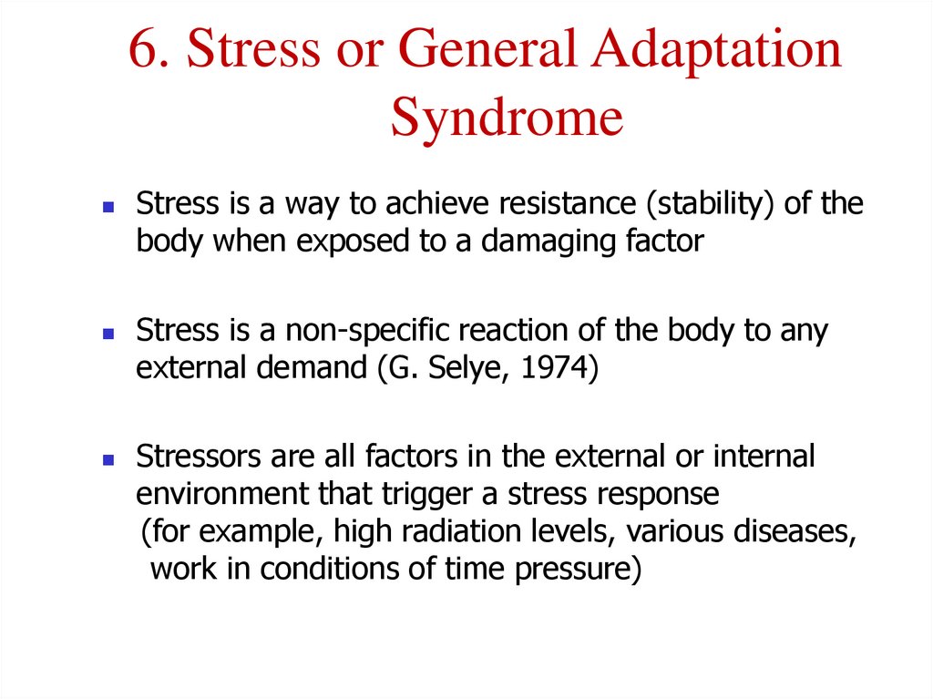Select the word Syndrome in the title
point(507,118)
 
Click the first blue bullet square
point(108,208)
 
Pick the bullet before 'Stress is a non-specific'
point(108,334)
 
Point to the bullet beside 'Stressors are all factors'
point(108,460)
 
